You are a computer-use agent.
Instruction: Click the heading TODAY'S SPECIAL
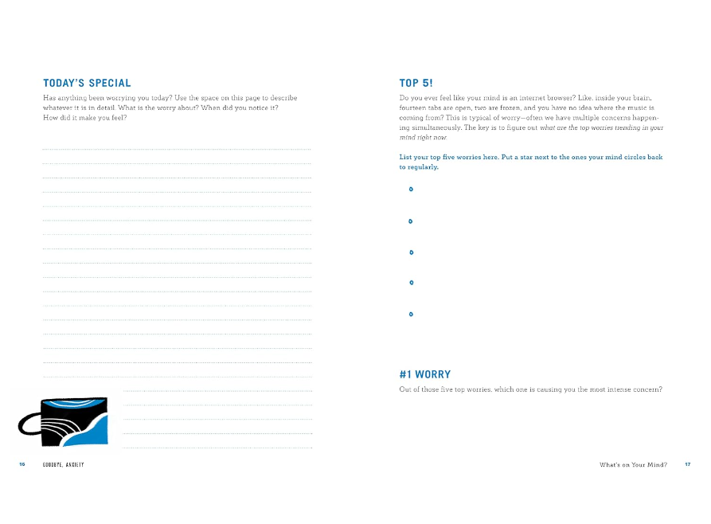tap(87, 83)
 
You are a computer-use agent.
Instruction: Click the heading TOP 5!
tap(416, 83)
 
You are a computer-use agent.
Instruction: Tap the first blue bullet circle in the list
tap(411, 190)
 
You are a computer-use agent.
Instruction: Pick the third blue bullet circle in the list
tap(411, 252)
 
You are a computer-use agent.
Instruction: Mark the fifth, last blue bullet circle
tap(411, 315)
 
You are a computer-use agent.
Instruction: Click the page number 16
tap(22, 464)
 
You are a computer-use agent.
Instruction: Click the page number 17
tap(687, 464)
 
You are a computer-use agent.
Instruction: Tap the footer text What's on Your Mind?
tap(633, 464)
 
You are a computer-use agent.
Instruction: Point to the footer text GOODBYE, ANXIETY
tap(64, 464)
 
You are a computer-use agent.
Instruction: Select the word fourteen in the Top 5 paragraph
tap(415, 108)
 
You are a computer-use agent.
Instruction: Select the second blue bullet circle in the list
tap(411, 221)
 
